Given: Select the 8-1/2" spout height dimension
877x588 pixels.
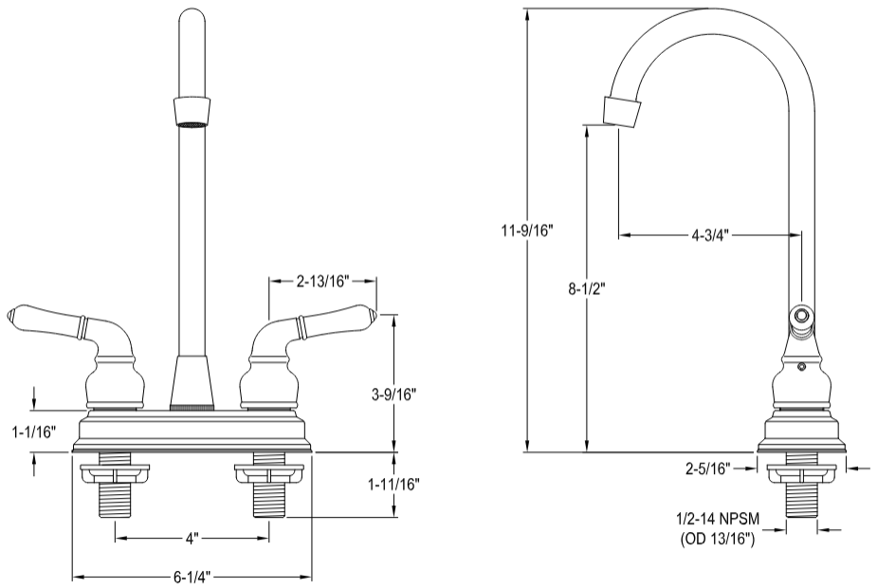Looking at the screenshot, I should [587, 288].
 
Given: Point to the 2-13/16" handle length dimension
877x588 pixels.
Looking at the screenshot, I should [323, 281].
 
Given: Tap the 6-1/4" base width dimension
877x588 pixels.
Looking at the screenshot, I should [192, 576].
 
